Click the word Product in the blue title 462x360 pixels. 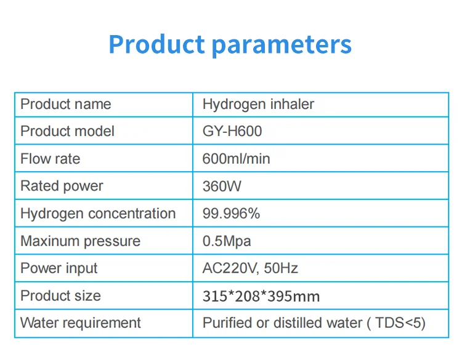pyautogui.click(x=156, y=44)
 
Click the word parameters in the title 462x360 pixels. pyautogui.click(x=282, y=46)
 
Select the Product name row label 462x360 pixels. pyautogui.click(x=66, y=104)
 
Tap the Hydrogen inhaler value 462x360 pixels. pyautogui.click(x=258, y=104)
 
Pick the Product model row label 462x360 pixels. pyautogui.click(x=68, y=131)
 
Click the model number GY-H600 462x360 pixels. pyautogui.click(x=232, y=131)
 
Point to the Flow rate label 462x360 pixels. pyautogui.click(x=51, y=159)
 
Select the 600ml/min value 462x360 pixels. pyautogui.click(x=237, y=159)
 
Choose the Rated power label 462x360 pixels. pyautogui.click(x=62, y=186)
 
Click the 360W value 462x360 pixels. pyautogui.click(x=222, y=186)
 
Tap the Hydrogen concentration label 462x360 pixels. pyautogui.click(x=98, y=214)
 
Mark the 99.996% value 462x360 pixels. pyautogui.click(x=231, y=214)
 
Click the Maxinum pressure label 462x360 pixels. pyautogui.click(x=81, y=241)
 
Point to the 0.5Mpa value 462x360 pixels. pyautogui.click(x=227, y=241)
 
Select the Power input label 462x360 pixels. pyautogui.click(x=59, y=268)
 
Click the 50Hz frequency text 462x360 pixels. pyautogui.click(x=281, y=268)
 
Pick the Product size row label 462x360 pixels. pyautogui.click(x=61, y=295)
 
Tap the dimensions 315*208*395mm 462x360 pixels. pyautogui.click(x=261, y=296)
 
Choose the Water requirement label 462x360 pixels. pyautogui.click(x=81, y=323)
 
